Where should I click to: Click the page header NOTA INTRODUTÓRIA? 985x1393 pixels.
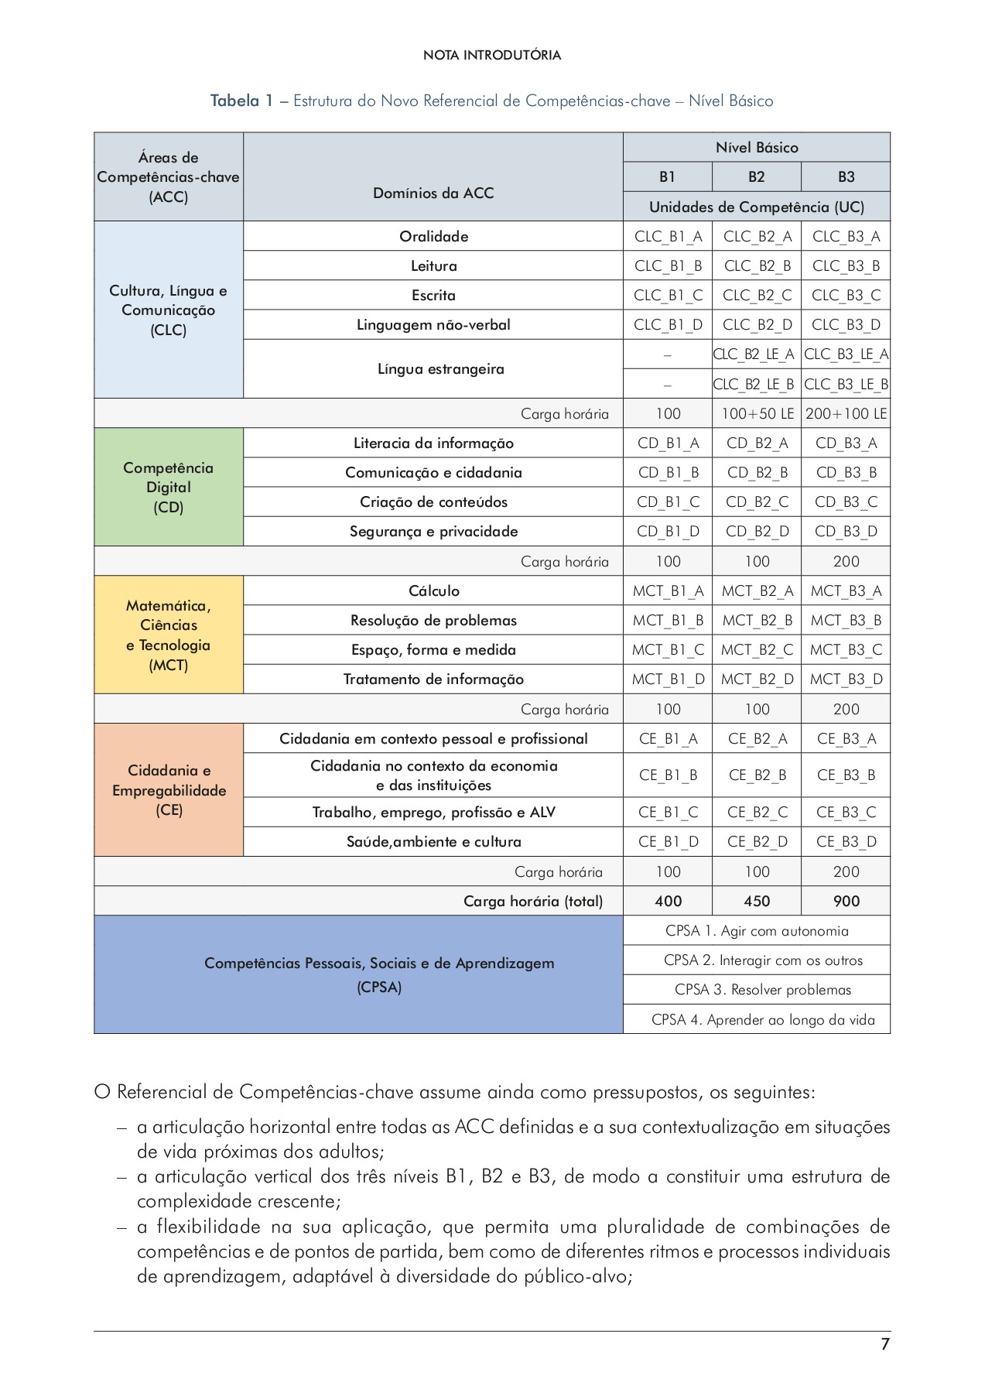pyautogui.click(x=492, y=56)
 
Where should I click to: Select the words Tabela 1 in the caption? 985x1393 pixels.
pyautogui.click(x=241, y=101)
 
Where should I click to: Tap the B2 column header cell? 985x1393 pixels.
pyautogui.click(x=756, y=177)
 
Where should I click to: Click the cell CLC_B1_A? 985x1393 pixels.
pyautogui.click(x=668, y=237)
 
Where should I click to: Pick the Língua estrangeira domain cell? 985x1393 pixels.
pyautogui.click(x=433, y=369)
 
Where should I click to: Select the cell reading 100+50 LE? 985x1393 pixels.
pyautogui.click(x=757, y=414)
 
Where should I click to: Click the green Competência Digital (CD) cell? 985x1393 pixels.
pyautogui.click(x=169, y=488)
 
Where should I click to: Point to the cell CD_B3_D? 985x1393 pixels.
pyautogui.click(x=846, y=532)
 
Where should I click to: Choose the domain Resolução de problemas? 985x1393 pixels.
pyautogui.click(x=433, y=621)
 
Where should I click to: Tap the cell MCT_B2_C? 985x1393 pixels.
pyautogui.click(x=757, y=650)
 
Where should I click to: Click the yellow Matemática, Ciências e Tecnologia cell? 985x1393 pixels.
pyautogui.click(x=169, y=635)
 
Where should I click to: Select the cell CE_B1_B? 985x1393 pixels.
pyautogui.click(x=668, y=775)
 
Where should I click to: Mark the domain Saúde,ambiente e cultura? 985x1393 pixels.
pyautogui.click(x=433, y=842)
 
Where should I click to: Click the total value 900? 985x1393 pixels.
pyautogui.click(x=846, y=902)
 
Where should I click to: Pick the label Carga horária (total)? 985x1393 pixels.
pyautogui.click(x=532, y=902)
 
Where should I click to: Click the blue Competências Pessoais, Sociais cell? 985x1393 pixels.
pyautogui.click(x=358, y=975)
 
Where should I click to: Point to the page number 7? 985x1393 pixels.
pyautogui.click(x=885, y=1345)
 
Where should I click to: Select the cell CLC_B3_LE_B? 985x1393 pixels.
pyautogui.click(x=846, y=385)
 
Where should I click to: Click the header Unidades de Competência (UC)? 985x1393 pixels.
pyautogui.click(x=756, y=207)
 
